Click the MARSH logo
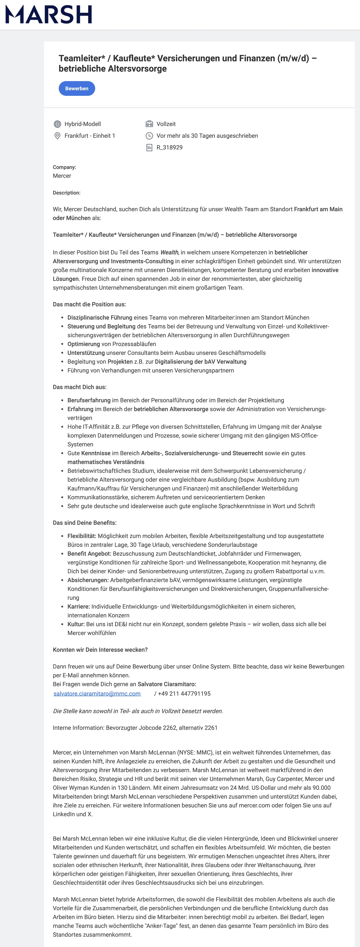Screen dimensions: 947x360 48,15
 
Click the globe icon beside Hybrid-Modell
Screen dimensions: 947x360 57,124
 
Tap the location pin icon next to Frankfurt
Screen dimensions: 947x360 57,136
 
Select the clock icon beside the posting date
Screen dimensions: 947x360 149,136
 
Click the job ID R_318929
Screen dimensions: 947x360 169,148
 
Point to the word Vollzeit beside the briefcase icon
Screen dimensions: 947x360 166,124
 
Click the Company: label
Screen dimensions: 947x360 64,167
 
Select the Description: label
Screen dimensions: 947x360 66,193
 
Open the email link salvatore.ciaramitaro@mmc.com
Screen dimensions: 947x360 97,694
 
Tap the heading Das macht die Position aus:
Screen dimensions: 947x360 89,304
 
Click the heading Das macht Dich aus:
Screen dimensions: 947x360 80,387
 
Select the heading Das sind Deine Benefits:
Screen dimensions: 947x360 84,523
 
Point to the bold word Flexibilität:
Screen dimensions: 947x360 82,536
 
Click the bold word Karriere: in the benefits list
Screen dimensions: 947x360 79,607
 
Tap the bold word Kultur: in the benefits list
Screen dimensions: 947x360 76,624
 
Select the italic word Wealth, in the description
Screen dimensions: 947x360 169,253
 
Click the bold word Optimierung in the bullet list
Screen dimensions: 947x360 84,344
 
